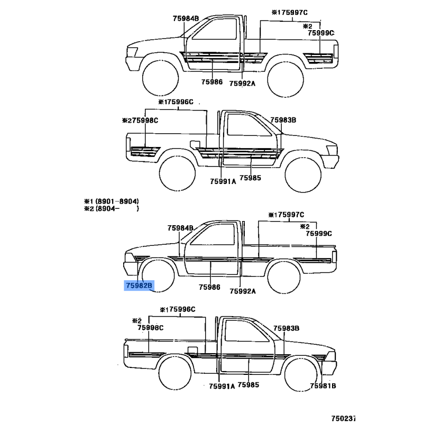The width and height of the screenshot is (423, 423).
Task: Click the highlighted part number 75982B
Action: point(139,286)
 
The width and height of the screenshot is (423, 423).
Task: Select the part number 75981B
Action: point(323,386)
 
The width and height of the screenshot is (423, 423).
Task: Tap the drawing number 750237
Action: point(343,418)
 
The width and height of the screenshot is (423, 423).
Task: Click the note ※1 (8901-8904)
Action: point(112,201)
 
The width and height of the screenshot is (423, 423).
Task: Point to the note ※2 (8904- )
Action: point(112,208)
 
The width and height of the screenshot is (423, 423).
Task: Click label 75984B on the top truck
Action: point(186,19)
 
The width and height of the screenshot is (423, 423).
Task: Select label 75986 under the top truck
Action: point(212,82)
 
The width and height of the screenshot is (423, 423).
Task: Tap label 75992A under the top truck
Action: point(242,84)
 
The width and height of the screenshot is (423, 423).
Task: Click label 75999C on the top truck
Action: point(321,33)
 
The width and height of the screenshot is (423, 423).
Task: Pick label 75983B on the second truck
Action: point(283,120)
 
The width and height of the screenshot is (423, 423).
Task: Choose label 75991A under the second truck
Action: point(223,181)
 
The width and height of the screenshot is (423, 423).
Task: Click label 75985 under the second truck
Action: point(250,178)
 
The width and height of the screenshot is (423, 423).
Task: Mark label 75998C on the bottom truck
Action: point(151,327)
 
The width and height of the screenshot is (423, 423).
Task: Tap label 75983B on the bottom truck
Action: point(286,328)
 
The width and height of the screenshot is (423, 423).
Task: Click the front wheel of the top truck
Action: point(161,78)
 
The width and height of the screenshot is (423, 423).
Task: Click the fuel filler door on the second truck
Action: point(195,144)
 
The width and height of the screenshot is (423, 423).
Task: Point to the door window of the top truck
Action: point(215,29)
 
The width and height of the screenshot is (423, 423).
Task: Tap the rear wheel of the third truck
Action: point(284,277)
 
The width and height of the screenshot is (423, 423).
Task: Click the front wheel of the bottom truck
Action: point(301,374)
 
